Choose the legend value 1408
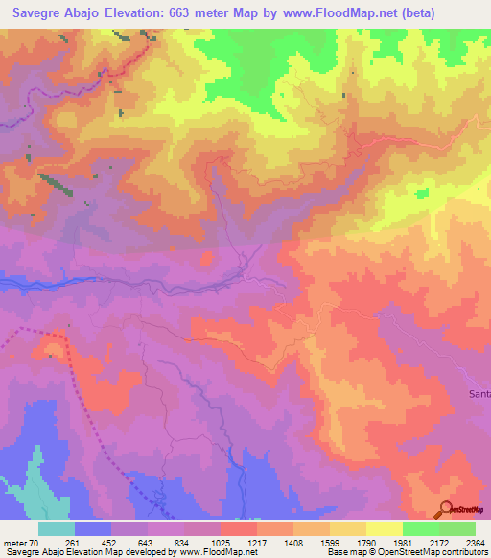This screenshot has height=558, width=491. point(311,542)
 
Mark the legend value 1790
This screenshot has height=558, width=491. point(384,542)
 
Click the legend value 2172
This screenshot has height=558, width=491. point(456,542)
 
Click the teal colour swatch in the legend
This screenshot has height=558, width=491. point(57,528)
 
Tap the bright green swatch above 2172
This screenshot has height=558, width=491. point(420,528)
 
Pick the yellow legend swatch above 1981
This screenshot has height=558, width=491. point(384,528)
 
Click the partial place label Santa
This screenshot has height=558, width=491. point(479,394)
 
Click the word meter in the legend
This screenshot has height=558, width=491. point(14,542)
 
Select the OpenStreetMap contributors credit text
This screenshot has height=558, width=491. point(423,553)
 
